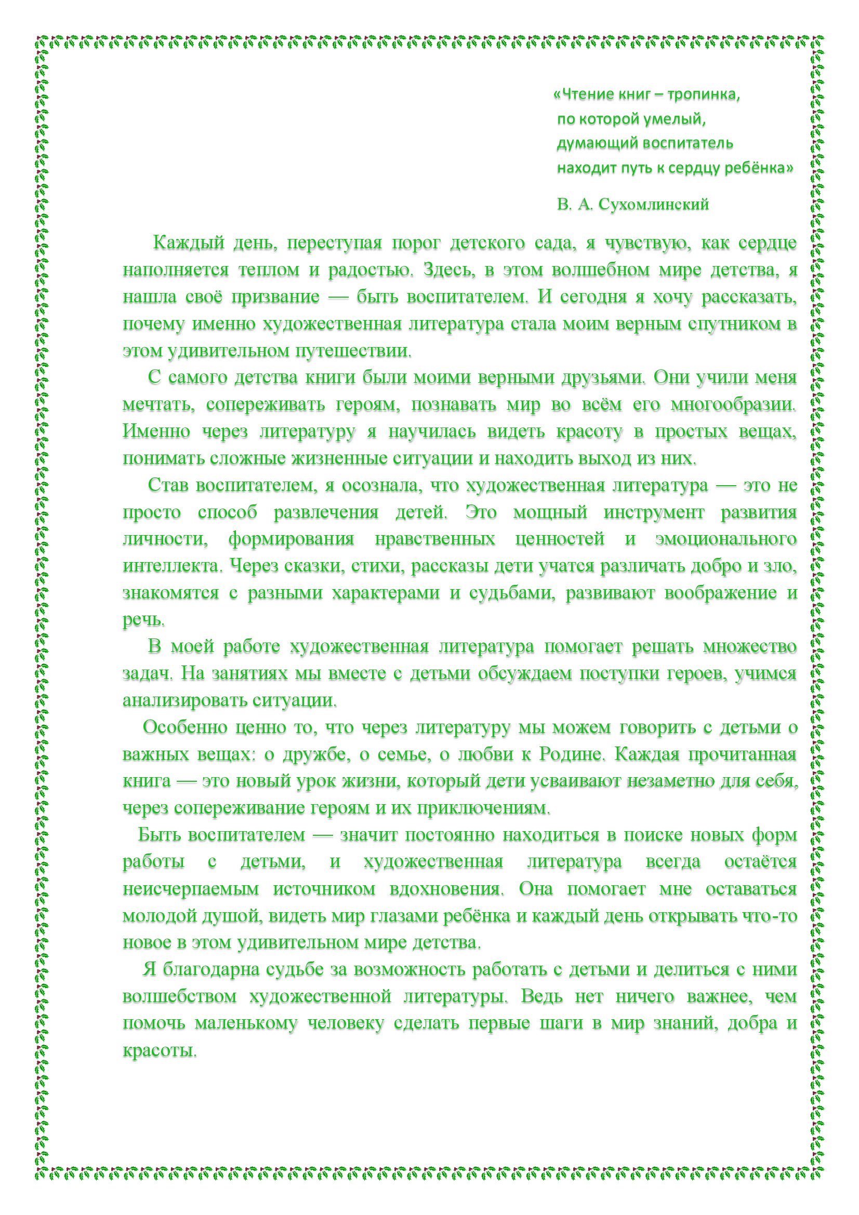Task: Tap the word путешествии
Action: tap(352, 351)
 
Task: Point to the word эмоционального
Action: tap(725, 539)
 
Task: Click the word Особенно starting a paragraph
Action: tap(178, 728)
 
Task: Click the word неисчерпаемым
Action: tap(191, 888)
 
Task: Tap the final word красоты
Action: tap(160, 1050)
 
